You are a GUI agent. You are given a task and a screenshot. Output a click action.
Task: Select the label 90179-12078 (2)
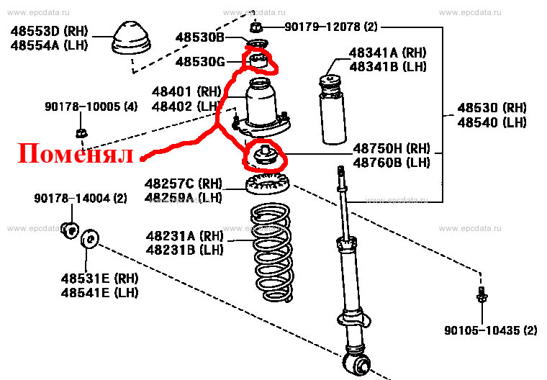tap(330, 27)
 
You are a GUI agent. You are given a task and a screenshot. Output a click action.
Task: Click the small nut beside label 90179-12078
tap(256, 27)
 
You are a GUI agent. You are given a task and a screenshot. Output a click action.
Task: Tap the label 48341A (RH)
tap(388, 53)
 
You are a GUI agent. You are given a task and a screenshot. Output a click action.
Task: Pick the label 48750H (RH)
tap(391, 148)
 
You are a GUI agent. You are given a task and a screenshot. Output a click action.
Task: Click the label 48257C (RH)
tap(184, 183)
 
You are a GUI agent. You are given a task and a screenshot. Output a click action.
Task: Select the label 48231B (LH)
tap(185, 249)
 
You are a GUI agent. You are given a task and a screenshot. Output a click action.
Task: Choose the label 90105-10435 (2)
tap(490, 330)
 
